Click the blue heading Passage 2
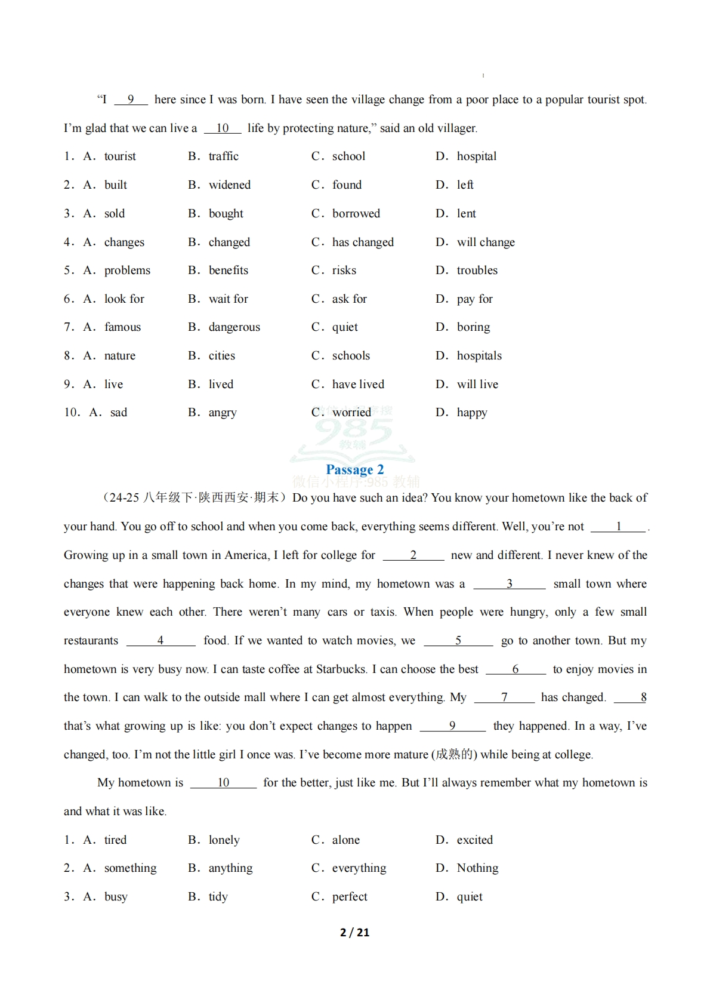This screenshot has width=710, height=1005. tap(354, 470)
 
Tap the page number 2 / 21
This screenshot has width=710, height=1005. tap(354, 932)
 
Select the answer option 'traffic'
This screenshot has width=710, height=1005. tap(223, 156)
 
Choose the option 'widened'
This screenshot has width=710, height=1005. tap(229, 185)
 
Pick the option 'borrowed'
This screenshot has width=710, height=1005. tap(356, 214)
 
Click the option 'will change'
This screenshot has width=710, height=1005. tap(485, 242)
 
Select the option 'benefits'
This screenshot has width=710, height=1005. tap(228, 271)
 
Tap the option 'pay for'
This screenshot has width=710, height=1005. tap(474, 299)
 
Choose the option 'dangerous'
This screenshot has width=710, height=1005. tap(234, 327)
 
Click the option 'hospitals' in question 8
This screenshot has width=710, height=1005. tap(479, 356)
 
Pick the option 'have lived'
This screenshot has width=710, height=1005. tap(358, 385)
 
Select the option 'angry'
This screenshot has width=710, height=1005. tap(222, 413)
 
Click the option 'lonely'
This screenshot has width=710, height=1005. tap(224, 840)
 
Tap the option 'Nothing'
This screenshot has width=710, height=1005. tap(477, 868)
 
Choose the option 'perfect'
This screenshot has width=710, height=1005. tap(350, 897)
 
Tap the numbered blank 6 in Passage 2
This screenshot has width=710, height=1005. tap(515, 669)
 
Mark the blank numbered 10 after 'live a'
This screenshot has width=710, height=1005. tap(222, 128)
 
